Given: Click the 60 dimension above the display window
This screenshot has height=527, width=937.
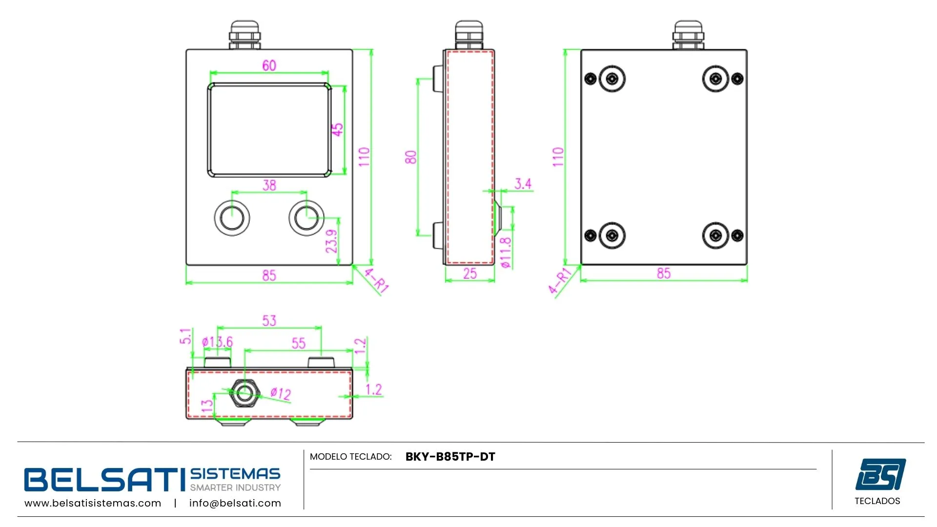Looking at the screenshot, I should coord(269,65).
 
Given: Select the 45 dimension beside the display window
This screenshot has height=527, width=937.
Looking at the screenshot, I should coord(338,129).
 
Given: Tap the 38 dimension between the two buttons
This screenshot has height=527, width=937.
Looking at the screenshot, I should coord(269,185).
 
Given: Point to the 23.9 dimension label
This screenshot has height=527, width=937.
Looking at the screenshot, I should coord(332,241).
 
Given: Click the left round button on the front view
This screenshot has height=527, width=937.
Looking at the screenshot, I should coord(232,218).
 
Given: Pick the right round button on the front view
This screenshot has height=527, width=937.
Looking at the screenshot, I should coord(306,218).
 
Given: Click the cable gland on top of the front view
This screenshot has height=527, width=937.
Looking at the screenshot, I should coord(244,35).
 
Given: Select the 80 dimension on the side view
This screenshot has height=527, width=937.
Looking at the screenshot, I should coord(411,157).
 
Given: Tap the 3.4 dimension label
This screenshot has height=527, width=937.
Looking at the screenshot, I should coord(523,184).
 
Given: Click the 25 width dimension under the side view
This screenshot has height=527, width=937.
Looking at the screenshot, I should coord(470,274).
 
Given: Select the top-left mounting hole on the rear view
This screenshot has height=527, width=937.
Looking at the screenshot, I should coord(612,79).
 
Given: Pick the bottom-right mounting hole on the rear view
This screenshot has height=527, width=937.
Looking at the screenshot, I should coord(715,236).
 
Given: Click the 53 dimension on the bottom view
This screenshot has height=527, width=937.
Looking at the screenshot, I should coord(269,321).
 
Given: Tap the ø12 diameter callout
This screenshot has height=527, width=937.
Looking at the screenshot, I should coord(281,393).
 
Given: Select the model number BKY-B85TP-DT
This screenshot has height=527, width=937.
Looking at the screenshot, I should coord(450,457).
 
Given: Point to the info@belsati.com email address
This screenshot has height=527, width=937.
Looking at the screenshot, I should coord(235,503).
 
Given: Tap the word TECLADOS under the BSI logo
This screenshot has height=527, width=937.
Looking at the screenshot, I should coord(877,501).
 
